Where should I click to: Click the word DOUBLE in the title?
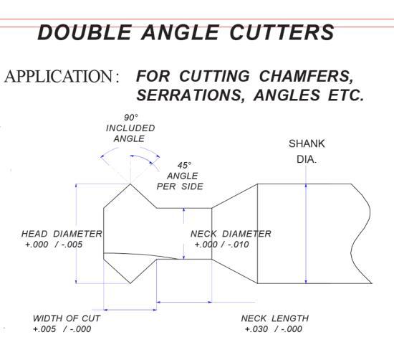click(x=85, y=32)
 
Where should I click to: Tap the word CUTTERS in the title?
click(x=282, y=32)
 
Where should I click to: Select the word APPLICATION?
click(x=59, y=76)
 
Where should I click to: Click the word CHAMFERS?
click(x=306, y=76)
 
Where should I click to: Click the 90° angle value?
click(x=131, y=118)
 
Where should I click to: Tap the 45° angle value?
click(x=184, y=165)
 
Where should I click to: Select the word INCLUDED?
click(x=130, y=128)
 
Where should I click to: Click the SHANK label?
click(x=307, y=143)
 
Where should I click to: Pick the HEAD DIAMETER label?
click(x=62, y=234)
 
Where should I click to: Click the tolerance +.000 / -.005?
click(x=54, y=245)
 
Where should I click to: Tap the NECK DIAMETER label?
click(x=231, y=234)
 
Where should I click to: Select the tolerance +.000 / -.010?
click(x=221, y=245)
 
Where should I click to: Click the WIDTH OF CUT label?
click(x=67, y=318)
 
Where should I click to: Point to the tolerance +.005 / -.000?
click(x=62, y=329)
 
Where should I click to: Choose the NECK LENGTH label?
click(x=274, y=318)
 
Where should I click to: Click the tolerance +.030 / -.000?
click(x=274, y=329)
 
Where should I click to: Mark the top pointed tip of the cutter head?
click(x=130, y=184)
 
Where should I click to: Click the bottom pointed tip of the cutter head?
click(x=130, y=283)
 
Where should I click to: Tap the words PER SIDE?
click(x=180, y=186)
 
